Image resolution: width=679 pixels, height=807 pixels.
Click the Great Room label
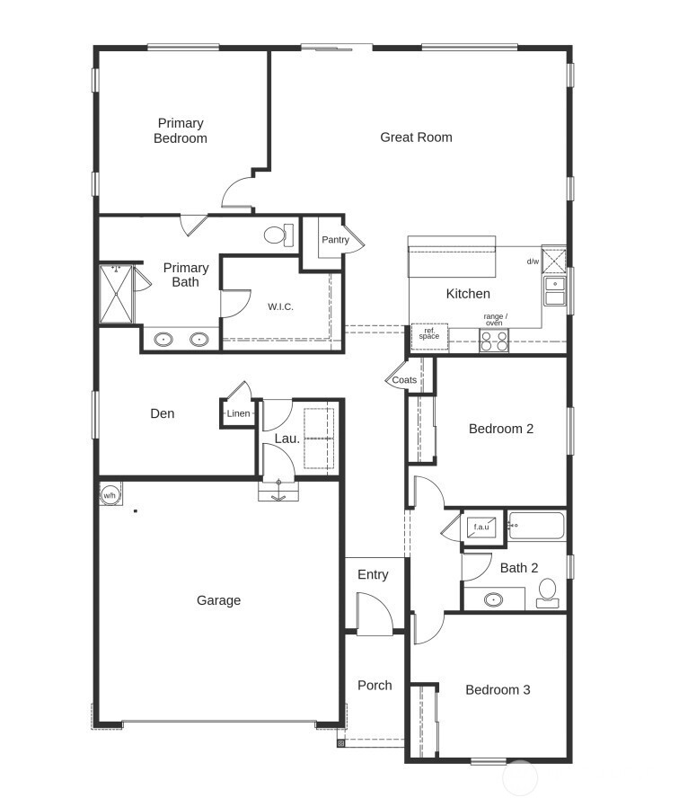(x=416, y=137)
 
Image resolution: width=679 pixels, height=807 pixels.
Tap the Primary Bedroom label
(x=181, y=130)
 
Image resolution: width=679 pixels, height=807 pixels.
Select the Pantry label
(x=335, y=240)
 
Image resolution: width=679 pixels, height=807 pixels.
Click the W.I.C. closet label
(x=280, y=306)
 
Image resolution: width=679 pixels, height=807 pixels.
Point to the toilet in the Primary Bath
(x=278, y=235)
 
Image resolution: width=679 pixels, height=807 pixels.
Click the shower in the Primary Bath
(x=115, y=293)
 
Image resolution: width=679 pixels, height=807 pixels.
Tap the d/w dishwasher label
(x=533, y=262)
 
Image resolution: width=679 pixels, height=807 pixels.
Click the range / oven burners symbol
(x=494, y=341)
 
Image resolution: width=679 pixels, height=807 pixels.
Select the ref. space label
(x=429, y=333)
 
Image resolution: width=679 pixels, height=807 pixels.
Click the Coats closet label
(x=404, y=380)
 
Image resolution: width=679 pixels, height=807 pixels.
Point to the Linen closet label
(x=238, y=413)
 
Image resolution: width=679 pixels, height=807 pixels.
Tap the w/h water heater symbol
(x=110, y=494)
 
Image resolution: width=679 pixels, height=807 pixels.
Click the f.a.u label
(x=481, y=527)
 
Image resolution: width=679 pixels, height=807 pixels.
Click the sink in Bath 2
(x=493, y=599)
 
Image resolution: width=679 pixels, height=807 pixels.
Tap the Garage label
(x=218, y=600)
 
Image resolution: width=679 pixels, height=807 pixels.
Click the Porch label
(x=375, y=685)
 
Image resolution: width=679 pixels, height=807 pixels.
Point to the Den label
(x=162, y=413)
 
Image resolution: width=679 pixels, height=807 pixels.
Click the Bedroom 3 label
(x=498, y=690)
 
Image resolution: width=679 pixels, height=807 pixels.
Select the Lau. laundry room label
(x=287, y=439)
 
